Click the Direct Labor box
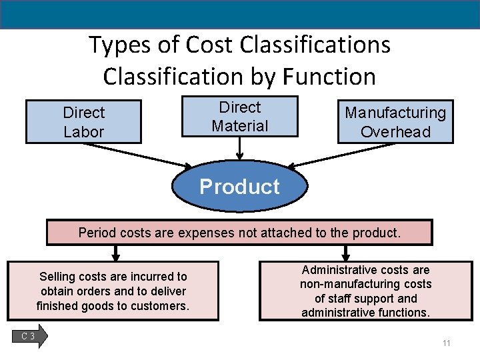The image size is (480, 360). (83, 122)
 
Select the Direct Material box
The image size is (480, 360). (239, 117)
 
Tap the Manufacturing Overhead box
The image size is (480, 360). (395, 122)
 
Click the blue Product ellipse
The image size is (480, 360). (240, 187)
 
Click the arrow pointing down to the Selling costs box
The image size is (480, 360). (115, 253)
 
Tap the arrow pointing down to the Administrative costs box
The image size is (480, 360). (345, 253)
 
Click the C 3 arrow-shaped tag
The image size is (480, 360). (30, 337)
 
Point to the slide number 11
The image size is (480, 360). (446, 343)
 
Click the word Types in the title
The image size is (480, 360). (115, 45)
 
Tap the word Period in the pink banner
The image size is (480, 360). (96, 233)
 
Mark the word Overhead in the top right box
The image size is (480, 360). (395, 131)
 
